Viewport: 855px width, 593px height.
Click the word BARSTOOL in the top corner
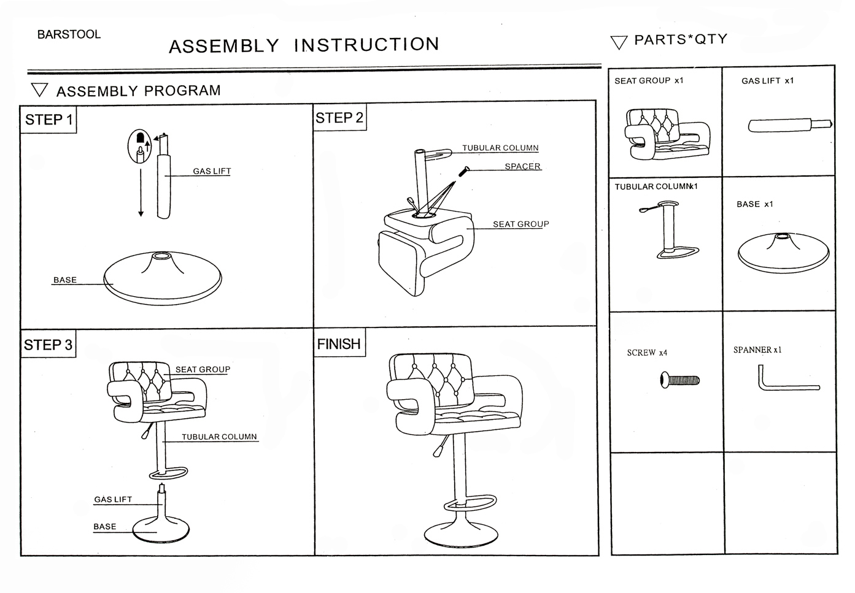[69, 34]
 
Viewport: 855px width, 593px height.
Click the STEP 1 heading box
[48, 120]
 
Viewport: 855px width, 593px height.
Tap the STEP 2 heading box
[339, 118]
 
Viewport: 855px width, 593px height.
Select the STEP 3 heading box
[48, 345]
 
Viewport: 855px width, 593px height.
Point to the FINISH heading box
[339, 344]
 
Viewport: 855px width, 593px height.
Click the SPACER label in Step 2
[522, 166]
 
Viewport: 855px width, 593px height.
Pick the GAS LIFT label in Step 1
[212, 171]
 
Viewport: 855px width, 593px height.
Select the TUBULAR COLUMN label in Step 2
[500, 148]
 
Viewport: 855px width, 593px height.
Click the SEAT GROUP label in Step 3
[203, 369]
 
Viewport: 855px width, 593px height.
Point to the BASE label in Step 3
[105, 526]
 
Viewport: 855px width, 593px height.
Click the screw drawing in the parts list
[679, 380]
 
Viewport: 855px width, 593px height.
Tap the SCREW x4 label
[647, 353]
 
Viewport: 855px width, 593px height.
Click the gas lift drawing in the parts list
[789, 125]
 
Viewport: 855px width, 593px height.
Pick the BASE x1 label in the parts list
[755, 204]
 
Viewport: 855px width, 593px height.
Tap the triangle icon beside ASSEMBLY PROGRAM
[40, 91]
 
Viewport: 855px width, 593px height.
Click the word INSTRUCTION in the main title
[366, 45]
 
